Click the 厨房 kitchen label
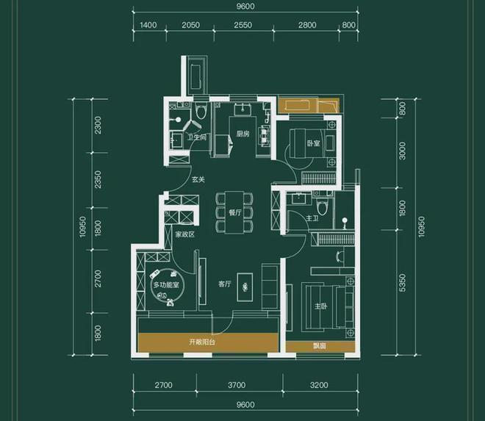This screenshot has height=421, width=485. (243, 134)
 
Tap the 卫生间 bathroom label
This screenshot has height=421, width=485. (197, 137)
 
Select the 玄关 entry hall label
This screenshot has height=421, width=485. (198, 179)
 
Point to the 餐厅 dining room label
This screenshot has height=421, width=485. (235, 212)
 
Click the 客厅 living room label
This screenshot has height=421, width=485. (225, 284)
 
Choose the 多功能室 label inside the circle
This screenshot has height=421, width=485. (166, 284)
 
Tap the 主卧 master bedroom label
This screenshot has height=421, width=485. (320, 306)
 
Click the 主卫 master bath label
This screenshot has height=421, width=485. (312, 218)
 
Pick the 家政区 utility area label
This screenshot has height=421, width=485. (185, 234)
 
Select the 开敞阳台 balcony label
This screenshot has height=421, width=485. (202, 342)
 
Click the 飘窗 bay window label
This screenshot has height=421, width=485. (320, 346)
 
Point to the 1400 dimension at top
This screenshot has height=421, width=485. (148, 25)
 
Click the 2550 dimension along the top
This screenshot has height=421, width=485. (242, 25)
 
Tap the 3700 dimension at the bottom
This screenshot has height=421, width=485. (237, 385)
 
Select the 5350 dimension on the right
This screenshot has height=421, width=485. (402, 282)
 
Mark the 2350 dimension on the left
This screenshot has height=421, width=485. (98, 179)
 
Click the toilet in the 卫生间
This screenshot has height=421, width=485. (201, 111)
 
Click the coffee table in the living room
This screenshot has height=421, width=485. (245, 287)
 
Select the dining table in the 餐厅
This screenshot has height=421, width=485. (234, 212)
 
